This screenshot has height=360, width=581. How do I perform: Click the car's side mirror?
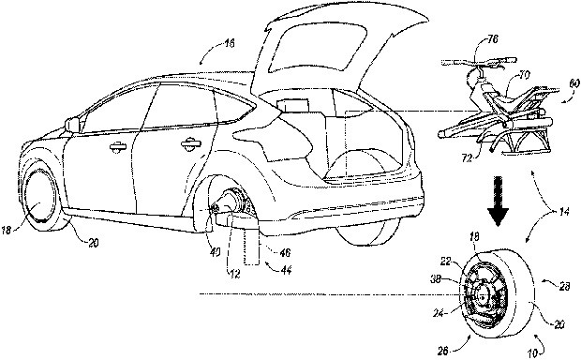[x=71, y=124]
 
